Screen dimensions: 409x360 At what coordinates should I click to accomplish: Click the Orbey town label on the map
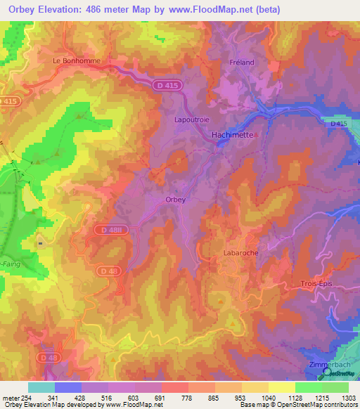pos(175,200)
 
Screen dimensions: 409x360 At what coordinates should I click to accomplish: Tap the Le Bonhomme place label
pos(77,61)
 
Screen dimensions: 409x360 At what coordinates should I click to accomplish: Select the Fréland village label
pos(241,62)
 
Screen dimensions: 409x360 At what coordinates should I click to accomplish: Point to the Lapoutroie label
pos(191,119)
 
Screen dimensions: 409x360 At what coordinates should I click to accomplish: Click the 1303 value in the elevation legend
pos(349,397)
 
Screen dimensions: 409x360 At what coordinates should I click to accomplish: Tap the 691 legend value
pos(161,397)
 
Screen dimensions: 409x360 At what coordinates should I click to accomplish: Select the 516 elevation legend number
pos(108,397)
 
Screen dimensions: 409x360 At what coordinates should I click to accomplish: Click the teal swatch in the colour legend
pos(41,387)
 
